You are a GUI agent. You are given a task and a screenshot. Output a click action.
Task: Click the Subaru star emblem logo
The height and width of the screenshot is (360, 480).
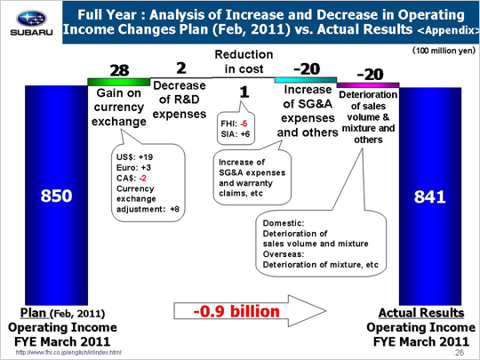click(x=31, y=19)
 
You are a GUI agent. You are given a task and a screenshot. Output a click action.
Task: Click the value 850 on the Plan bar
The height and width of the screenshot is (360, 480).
click(x=56, y=196)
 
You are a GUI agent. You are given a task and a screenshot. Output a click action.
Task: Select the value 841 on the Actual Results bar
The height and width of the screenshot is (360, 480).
click(x=429, y=196)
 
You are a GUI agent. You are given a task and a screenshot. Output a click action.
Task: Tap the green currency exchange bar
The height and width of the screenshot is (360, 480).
click(x=119, y=82)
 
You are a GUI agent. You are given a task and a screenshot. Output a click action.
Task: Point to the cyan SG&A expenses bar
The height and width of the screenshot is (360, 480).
click(x=306, y=80)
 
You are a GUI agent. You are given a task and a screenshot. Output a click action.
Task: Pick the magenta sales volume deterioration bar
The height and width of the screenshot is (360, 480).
click(x=368, y=84)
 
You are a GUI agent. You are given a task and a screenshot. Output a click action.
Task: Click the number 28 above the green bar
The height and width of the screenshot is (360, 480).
click(x=119, y=70)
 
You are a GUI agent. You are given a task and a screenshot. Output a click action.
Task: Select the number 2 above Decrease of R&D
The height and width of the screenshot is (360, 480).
click(x=181, y=68)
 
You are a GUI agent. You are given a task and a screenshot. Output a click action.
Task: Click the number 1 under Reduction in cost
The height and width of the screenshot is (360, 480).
click(x=244, y=92)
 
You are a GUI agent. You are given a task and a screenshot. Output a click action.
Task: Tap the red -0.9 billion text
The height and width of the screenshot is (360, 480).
click(x=236, y=311)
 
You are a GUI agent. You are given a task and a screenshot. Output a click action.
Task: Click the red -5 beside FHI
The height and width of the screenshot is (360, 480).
click(x=244, y=124)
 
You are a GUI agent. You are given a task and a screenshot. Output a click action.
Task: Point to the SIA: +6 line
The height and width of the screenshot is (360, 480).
click(x=235, y=134)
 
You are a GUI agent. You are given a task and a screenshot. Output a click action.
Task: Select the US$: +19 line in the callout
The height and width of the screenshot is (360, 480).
click(x=134, y=157)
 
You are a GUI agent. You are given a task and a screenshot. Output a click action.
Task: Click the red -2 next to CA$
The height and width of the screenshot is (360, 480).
click(x=142, y=178)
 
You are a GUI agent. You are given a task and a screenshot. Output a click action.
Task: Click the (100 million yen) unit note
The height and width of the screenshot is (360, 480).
click(x=444, y=50)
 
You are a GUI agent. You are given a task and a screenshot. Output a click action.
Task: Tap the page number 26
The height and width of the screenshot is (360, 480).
click(x=460, y=353)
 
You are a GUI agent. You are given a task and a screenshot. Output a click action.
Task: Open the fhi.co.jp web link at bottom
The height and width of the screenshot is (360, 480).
click(x=68, y=353)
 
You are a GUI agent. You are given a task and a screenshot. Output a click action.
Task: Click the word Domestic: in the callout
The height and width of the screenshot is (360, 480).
click(x=284, y=223)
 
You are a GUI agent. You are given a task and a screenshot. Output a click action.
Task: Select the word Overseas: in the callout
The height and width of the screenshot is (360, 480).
click(x=284, y=254)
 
